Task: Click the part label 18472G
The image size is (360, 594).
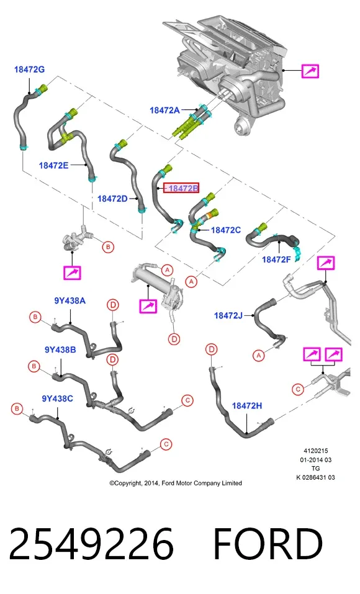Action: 29,70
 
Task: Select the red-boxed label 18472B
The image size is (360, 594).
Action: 181,188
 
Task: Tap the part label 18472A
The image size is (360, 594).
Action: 164,110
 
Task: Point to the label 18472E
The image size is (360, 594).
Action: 53,165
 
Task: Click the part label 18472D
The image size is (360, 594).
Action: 112,199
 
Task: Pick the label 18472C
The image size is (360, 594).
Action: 226,230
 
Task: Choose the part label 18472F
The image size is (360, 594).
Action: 277,259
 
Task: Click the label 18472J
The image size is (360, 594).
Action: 228,315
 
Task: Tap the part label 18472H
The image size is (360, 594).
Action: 247,406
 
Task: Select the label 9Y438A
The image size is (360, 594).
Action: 70,301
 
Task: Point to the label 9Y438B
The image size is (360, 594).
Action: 60,349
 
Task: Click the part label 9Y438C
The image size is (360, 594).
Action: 58,398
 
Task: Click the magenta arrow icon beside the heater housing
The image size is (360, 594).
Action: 310,71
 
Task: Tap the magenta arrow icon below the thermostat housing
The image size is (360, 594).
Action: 72,272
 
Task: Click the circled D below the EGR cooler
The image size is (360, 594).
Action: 174,339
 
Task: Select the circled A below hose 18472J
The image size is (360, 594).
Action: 258,355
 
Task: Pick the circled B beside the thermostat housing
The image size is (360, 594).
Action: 109,247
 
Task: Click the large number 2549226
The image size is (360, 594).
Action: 91,544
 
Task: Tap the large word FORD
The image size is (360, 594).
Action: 268,544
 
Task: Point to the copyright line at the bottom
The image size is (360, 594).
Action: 176,483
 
